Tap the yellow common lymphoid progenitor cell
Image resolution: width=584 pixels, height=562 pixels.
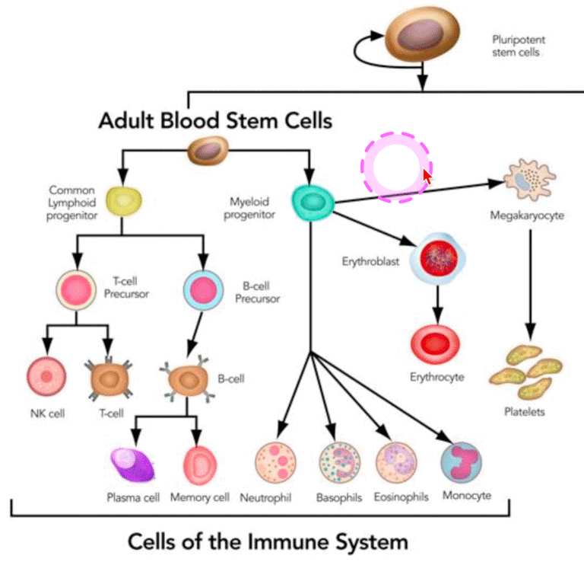click(125, 200)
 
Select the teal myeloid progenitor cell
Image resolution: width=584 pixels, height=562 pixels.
click(313, 202)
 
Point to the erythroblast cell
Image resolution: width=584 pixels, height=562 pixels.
click(437, 260)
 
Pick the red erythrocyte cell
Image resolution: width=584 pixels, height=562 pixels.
click(436, 343)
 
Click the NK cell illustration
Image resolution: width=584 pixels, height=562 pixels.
click(46, 378)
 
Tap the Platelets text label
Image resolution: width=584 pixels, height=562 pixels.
click(525, 413)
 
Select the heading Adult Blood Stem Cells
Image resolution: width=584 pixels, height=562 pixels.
click(215, 120)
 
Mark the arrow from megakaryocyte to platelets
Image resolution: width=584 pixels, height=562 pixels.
click(530, 282)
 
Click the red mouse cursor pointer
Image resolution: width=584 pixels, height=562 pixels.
click(427, 177)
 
